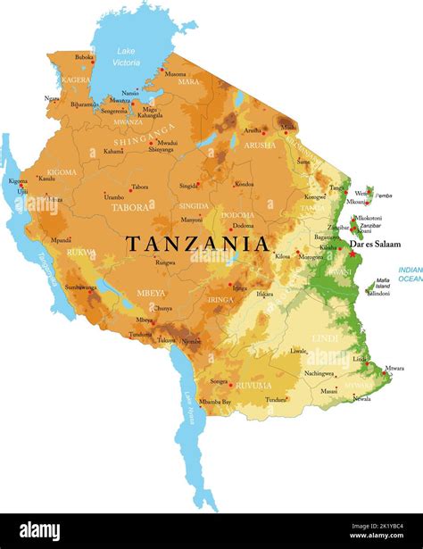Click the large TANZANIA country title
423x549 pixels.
[196, 243]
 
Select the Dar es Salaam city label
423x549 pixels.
[375, 244]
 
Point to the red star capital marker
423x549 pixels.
[352, 254]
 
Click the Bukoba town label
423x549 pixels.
[84, 57]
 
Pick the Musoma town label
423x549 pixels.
[175, 73]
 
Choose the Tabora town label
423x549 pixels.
[140, 187]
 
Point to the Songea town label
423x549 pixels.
[219, 381]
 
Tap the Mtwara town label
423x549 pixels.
[394, 368]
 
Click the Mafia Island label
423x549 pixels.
[383, 283]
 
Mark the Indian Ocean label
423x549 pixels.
[410, 274]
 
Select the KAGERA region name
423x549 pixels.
[75, 79]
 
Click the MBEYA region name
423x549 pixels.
[151, 292]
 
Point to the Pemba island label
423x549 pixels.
[383, 195]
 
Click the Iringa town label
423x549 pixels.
[239, 287]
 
